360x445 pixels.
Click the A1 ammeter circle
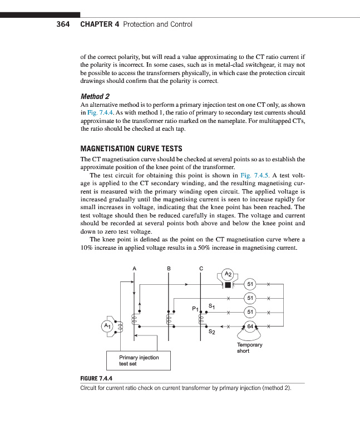tap(107, 325)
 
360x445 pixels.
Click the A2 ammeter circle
tap(227, 273)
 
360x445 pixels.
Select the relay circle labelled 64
tap(250, 327)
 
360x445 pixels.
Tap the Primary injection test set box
tap(139, 360)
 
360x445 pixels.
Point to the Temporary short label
tap(249, 348)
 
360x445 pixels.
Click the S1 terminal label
tap(211, 305)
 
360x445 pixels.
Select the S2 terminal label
tap(211, 333)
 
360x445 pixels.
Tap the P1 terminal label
tap(195, 308)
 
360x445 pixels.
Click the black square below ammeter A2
tap(227, 285)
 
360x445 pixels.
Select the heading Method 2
tap(95, 96)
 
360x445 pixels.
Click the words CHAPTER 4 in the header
tap(100, 24)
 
